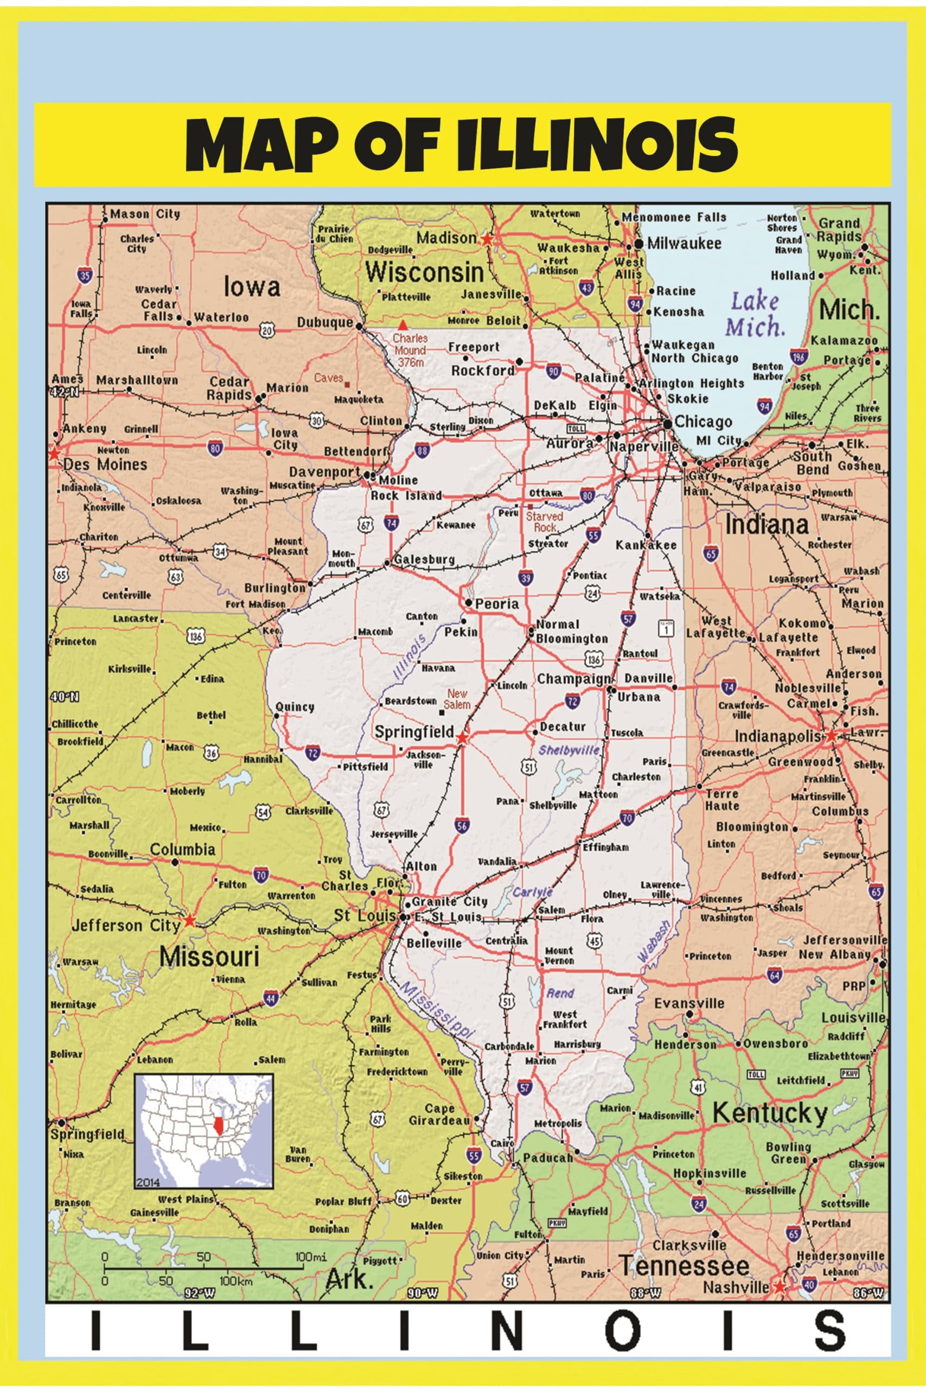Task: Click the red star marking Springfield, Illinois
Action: [x=462, y=738]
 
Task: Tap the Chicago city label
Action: [x=703, y=422]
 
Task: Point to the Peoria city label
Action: [x=497, y=603]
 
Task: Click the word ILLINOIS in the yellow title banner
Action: [x=597, y=145]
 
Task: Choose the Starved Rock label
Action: [x=545, y=521]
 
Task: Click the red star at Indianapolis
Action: [x=832, y=736]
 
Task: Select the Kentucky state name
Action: [x=770, y=1113]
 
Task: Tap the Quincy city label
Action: [x=295, y=707]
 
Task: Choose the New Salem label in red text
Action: [x=458, y=699]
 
